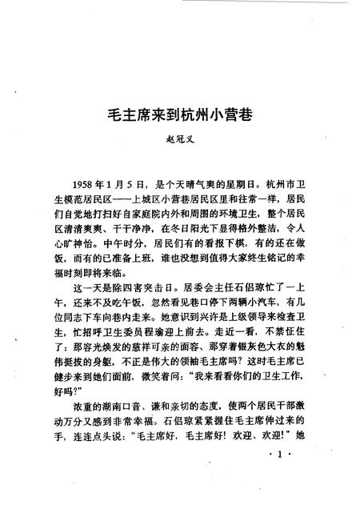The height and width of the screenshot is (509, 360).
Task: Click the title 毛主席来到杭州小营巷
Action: (179, 114)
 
